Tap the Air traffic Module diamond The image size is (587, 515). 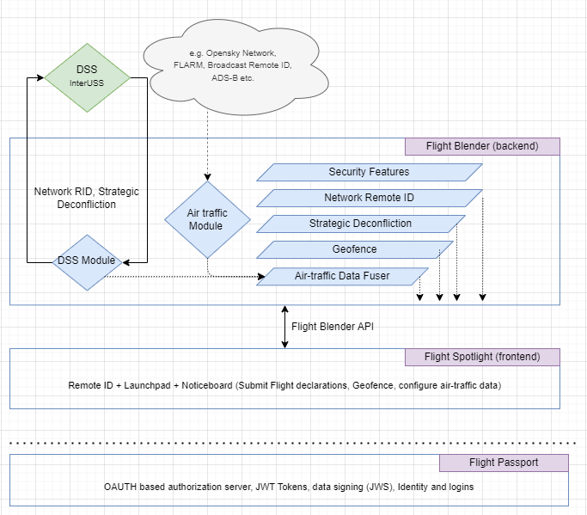[206, 219]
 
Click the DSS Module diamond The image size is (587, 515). [87, 261]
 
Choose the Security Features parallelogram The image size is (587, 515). [369, 172]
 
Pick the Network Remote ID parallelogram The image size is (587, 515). [369, 198]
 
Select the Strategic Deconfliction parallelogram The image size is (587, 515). [360, 224]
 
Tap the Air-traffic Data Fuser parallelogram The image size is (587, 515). [344, 276]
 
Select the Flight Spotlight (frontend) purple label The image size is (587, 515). [482, 357]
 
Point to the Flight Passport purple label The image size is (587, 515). [504, 463]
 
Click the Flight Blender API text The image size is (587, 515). [333, 327]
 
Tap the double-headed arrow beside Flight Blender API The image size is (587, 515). [284, 327]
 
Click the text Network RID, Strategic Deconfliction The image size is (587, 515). [86, 198]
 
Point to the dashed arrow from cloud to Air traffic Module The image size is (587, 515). [207, 138]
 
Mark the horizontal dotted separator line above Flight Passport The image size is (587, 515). [292, 444]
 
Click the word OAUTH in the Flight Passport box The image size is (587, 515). [119, 487]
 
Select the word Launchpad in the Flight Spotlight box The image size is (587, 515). [149, 385]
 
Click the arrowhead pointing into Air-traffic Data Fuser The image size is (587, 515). [262, 277]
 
